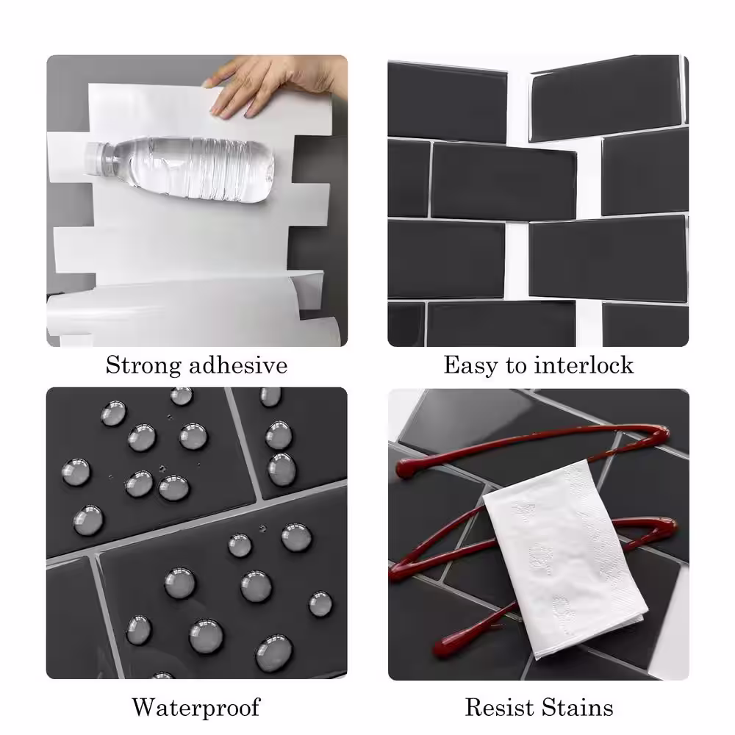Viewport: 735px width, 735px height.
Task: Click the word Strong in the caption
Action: (x=143, y=365)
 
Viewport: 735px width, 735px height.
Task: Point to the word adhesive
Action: (x=238, y=365)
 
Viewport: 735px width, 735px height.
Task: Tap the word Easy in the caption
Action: (x=470, y=365)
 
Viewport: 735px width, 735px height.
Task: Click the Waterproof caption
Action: (x=196, y=707)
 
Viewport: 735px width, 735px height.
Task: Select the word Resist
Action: (x=500, y=707)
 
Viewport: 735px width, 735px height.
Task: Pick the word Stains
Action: (x=578, y=707)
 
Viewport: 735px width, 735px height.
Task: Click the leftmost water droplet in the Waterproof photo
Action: (x=76, y=472)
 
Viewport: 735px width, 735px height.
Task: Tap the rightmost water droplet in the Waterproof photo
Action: (x=320, y=603)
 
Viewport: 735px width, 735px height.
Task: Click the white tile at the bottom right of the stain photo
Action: (x=670, y=621)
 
